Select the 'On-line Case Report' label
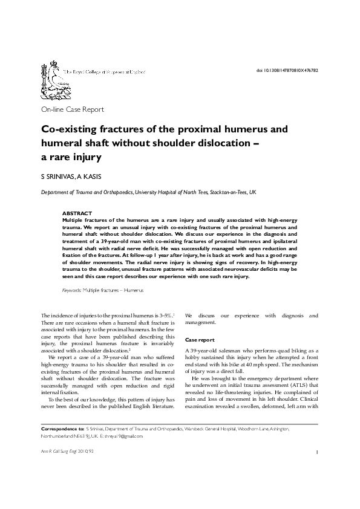click(x=72, y=109)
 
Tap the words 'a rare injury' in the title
click(x=70, y=157)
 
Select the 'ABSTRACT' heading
click(x=77, y=213)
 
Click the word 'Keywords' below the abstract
click(x=72, y=290)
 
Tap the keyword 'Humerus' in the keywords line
click(x=134, y=290)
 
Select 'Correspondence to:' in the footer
click(x=62, y=428)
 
